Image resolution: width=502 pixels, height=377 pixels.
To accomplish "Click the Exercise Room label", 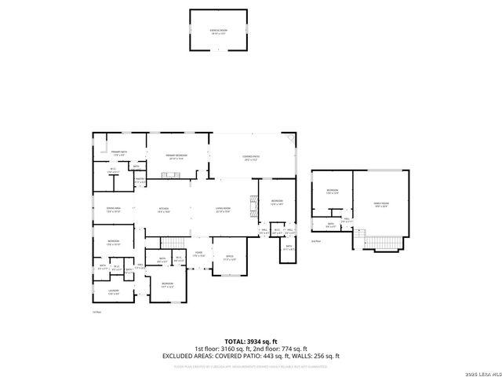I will coord(217,30).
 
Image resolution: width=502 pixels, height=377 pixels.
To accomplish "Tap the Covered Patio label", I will coord(250,157).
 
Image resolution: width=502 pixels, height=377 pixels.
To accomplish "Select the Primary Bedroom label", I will coord(176,156).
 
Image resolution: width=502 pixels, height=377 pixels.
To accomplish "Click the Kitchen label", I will coord(163,209).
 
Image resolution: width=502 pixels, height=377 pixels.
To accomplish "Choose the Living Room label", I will coord(223,209).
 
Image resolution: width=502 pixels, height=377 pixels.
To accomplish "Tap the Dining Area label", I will coord(112,208).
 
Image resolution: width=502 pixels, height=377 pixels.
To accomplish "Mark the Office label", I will coord(230,257).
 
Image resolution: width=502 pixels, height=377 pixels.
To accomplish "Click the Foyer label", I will coord(199,254).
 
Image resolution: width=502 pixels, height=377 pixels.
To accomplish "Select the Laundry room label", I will coord(114,292).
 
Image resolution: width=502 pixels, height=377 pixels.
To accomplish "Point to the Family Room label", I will coord(380,203).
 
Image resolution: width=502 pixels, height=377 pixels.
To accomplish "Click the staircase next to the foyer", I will coord(175,240).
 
